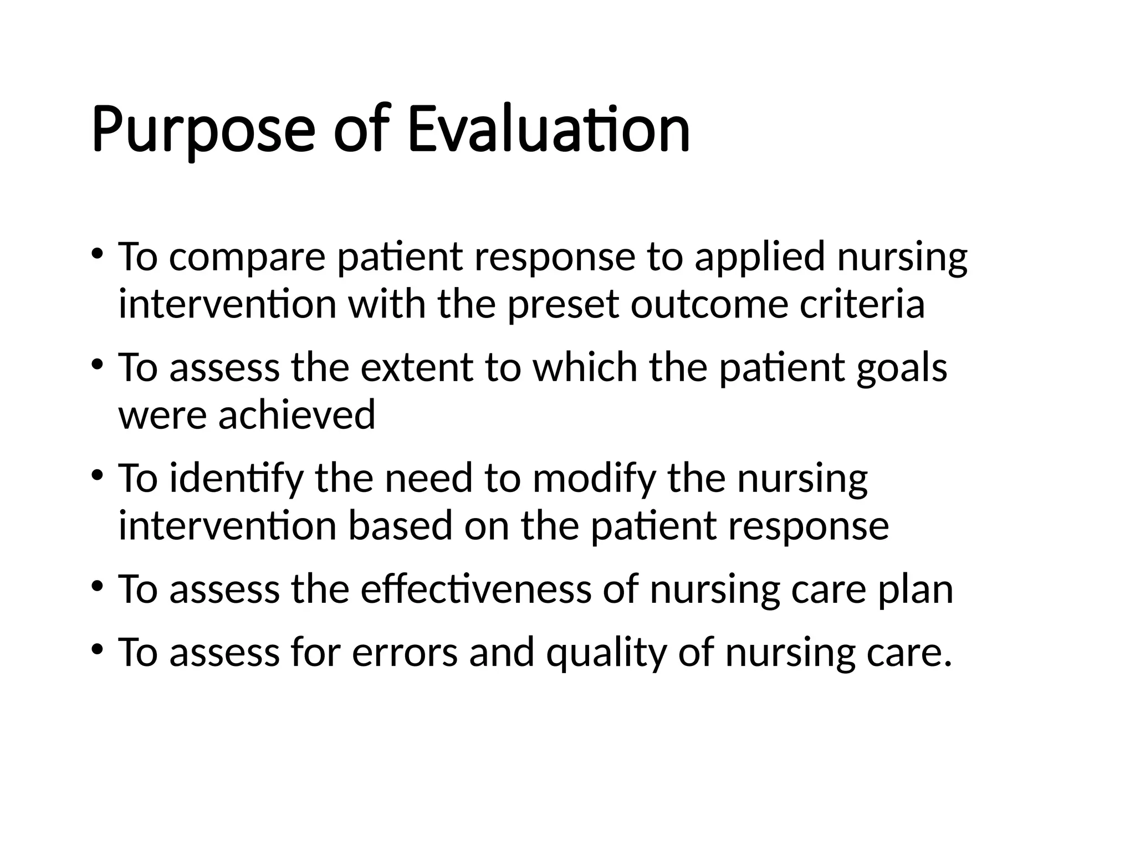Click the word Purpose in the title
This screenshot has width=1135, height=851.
click(x=203, y=130)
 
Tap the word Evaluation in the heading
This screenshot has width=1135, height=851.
click(x=549, y=130)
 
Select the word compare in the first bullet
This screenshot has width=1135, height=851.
click(x=247, y=258)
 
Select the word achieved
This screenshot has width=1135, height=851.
click(x=296, y=416)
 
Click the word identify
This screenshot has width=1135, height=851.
click(x=237, y=479)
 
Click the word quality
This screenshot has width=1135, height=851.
click(x=606, y=653)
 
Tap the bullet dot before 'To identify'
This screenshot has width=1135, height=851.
click(x=98, y=475)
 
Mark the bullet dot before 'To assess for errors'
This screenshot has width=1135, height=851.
click(x=98, y=649)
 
